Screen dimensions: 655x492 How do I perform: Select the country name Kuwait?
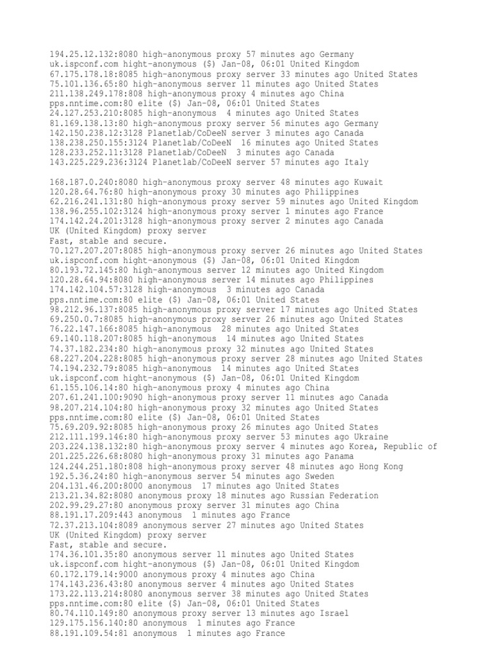[368, 182]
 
